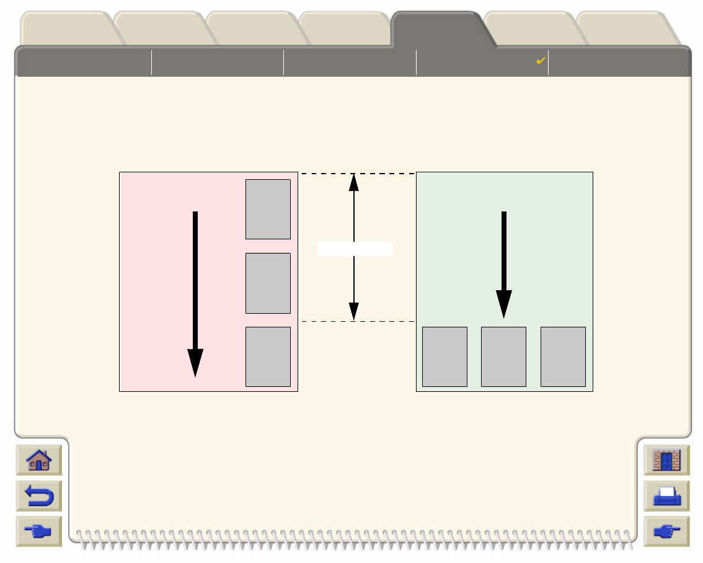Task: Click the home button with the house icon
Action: (38, 461)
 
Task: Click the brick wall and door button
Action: (666, 461)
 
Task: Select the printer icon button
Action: (666, 496)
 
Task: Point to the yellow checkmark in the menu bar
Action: (541, 61)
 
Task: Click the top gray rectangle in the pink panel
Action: (268, 209)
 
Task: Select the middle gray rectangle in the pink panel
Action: (268, 283)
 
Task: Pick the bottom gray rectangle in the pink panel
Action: (268, 357)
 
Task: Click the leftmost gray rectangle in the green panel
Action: (444, 357)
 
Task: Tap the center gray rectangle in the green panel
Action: (503, 357)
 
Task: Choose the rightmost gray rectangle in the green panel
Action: (563, 357)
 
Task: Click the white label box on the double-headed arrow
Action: (355, 249)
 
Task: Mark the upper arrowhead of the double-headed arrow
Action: (354, 182)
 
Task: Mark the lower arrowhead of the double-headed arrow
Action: (354, 312)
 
